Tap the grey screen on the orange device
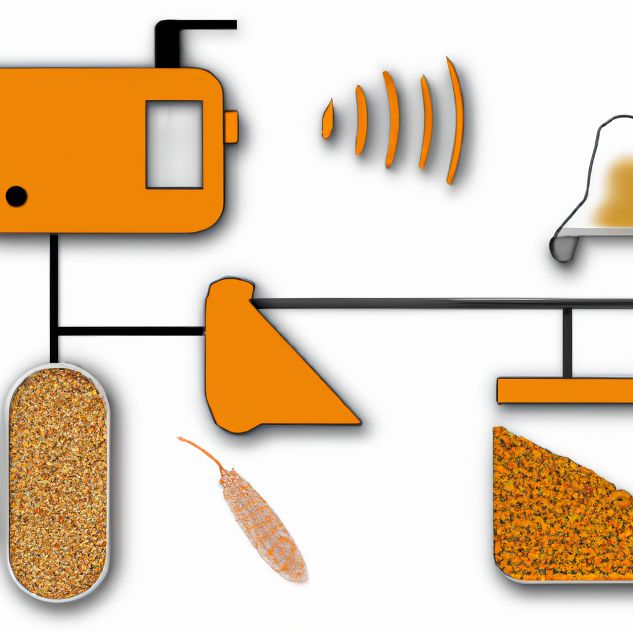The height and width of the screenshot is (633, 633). coord(174,144)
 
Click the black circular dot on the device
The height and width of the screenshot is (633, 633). coord(16,196)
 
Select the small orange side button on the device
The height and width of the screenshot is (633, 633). coord(231,127)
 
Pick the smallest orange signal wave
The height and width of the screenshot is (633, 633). coord(328,119)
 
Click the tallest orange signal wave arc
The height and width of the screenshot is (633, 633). coord(456,121)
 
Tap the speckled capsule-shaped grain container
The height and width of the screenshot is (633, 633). coord(57,482)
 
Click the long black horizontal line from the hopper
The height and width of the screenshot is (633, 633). coord(433,303)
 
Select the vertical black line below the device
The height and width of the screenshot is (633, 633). coord(54,291)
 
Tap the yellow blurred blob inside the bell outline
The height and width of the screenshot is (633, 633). coord(615,192)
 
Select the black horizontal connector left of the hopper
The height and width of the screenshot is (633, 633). coord(130,331)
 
